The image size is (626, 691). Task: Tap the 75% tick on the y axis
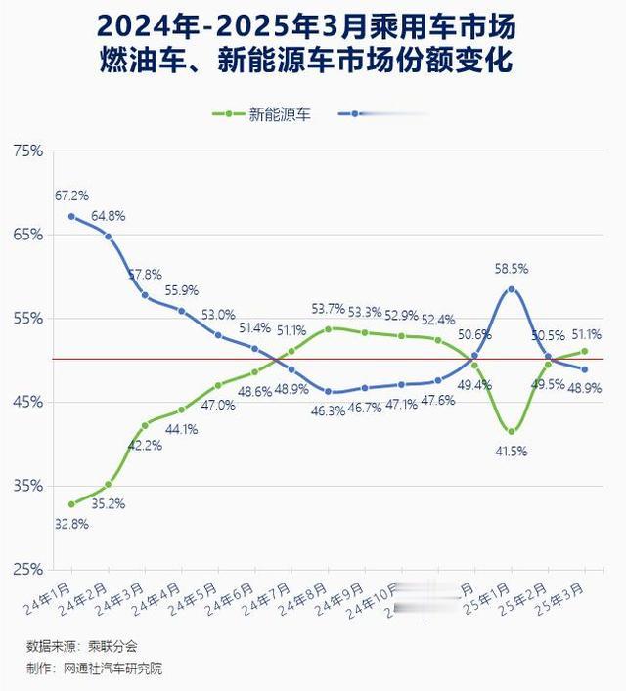click(29, 151)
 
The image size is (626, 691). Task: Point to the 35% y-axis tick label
click(29, 486)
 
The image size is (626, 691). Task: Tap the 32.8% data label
click(71, 524)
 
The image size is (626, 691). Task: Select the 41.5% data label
click(511, 451)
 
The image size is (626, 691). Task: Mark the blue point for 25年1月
click(511, 289)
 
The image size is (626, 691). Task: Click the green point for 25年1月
click(511, 431)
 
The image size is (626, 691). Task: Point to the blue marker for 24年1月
click(72, 216)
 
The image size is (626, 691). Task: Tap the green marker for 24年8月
click(328, 328)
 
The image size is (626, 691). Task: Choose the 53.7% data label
click(329, 309)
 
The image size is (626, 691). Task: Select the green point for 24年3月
click(145, 425)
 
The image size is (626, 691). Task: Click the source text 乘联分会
click(115, 647)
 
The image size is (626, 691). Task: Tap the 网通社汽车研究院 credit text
click(112, 669)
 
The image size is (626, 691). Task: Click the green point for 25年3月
click(584, 351)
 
